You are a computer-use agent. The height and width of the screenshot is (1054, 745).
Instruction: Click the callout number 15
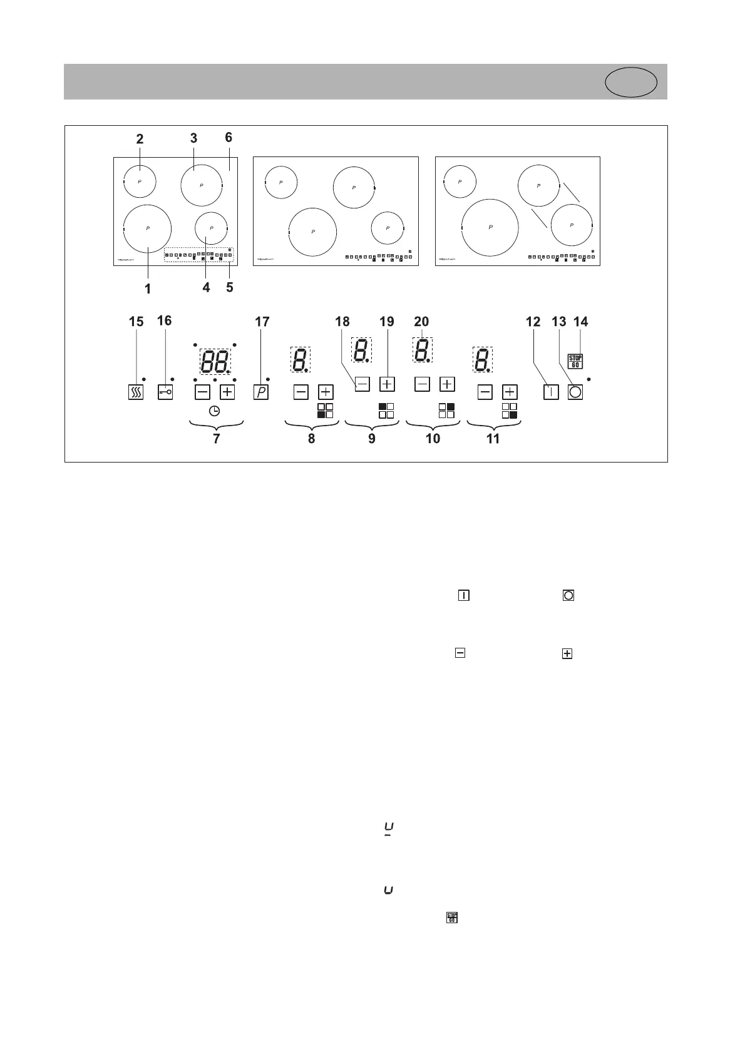(136, 322)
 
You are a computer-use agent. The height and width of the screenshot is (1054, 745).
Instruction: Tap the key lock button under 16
(165, 392)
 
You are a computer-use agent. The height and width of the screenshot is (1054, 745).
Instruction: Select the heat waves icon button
(136, 392)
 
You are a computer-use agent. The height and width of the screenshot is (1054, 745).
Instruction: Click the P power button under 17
(261, 392)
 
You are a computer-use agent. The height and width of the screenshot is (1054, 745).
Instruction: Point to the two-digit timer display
(215, 362)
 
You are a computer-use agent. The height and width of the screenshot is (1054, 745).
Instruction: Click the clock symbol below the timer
(214, 411)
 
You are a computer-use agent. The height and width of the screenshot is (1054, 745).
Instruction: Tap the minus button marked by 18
(362, 384)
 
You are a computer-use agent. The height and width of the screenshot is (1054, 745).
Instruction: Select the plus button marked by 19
(388, 384)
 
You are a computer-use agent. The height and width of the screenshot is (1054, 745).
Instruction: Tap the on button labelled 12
(550, 392)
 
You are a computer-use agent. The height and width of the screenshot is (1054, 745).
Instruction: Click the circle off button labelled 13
(575, 392)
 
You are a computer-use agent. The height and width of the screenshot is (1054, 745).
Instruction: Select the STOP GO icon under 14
(575, 361)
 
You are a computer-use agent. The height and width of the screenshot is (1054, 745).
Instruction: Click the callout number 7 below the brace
(217, 438)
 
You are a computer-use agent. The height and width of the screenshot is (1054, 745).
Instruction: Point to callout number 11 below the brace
(493, 438)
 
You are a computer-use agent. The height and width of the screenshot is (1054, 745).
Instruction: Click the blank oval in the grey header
(632, 82)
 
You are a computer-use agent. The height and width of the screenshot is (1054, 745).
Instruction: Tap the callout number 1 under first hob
(148, 289)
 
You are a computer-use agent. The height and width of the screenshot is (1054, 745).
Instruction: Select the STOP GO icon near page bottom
(451, 918)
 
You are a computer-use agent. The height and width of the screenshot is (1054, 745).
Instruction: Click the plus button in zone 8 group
(326, 392)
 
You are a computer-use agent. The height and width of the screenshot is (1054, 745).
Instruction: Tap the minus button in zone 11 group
(485, 392)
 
